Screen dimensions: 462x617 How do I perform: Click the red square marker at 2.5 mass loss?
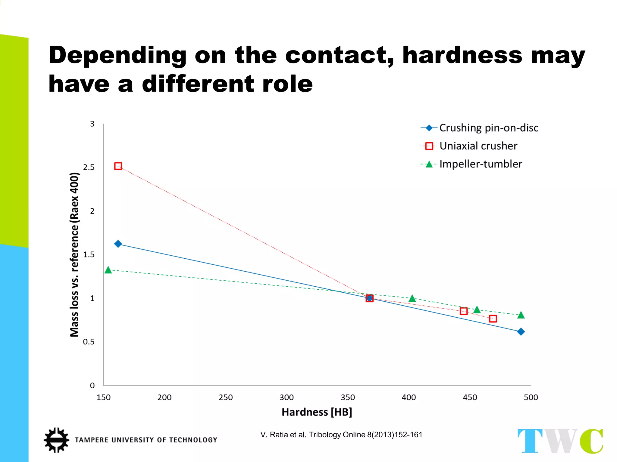pyautogui.click(x=118, y=166)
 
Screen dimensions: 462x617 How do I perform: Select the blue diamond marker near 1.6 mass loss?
pyautogui.click(x=118, y=244)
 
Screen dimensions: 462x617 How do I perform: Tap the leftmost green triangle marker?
pyautogui.click(x=108, y=270)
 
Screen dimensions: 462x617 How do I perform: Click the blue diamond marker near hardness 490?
pyautogui.click(x=521, y=332)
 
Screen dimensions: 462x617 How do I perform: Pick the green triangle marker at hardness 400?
pyautogui.click(x=412, y=298)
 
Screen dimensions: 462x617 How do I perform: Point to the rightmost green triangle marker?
pyautogui.click(x=521, y=315)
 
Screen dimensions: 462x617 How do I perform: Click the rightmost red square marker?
pyautogui.click(x=493, y=319)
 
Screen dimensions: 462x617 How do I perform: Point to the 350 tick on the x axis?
pyautogui.click(x=348, y=397)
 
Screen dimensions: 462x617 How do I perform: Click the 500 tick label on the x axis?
pyautogui.click(x=531, y=397)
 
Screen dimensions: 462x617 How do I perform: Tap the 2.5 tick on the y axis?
pyautogui.click(x=89, y=168)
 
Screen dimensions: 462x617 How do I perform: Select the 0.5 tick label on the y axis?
pyautogui.click(x=89, y=342)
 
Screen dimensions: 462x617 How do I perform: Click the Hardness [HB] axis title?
pyautogui.click(x=317, y=412)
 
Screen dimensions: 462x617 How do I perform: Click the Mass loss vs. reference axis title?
pyautogui.click(x=74, y=254)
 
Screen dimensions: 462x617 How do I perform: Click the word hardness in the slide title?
pyautogui.click(x=462, y=55)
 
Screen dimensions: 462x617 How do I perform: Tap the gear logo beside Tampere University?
pyautogui.click(x=56, y=440)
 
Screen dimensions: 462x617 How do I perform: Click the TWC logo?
pyautogui.click(x=560, y=441)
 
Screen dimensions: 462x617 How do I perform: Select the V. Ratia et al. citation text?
pyautogui.click(x=341, y=435)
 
